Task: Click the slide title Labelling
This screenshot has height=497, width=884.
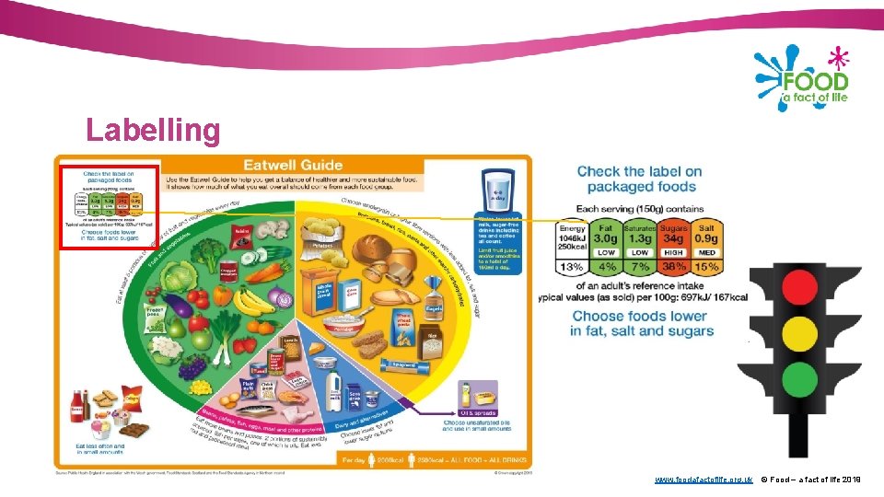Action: click(153, 131)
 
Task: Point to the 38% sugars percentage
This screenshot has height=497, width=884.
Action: click(675, 268)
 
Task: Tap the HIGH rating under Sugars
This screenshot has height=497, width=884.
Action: click(675, 252)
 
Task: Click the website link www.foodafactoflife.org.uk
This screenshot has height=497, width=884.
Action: click(704, 480)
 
